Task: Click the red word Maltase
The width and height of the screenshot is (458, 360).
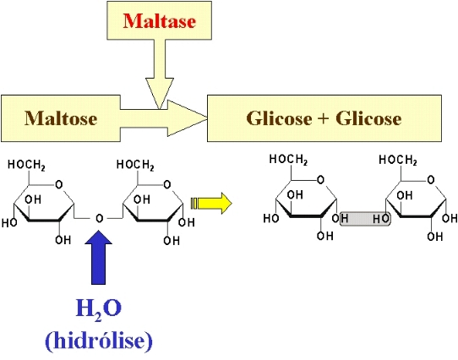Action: coord(159,21)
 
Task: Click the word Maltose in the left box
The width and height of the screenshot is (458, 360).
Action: coord(61,118)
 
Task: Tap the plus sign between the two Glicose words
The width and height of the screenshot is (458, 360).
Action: coord(324,118)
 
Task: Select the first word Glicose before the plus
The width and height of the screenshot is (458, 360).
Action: coord(279,118)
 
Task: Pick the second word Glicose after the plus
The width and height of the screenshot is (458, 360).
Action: coord(368,118)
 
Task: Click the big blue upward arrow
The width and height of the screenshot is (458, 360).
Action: coord(98,257)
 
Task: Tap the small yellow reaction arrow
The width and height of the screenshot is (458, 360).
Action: coord(211,204)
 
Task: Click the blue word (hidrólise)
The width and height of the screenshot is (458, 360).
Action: coord(99,341)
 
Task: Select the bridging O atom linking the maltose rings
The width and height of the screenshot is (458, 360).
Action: coord(100,218)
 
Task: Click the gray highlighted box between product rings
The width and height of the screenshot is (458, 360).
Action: coord(365,219)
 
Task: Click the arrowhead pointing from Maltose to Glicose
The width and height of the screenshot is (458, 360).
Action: coord(188,118)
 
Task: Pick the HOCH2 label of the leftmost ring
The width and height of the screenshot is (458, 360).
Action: coord(26,165)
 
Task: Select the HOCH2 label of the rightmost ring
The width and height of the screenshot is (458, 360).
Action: coord(398,161)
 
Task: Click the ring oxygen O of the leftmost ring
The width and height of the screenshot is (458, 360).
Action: coord(59,185)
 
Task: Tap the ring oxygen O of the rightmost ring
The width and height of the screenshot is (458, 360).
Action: coord(431,180)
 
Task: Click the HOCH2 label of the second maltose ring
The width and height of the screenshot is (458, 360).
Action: coord(135,165)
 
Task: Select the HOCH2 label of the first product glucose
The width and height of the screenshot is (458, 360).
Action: coord(288,160)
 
